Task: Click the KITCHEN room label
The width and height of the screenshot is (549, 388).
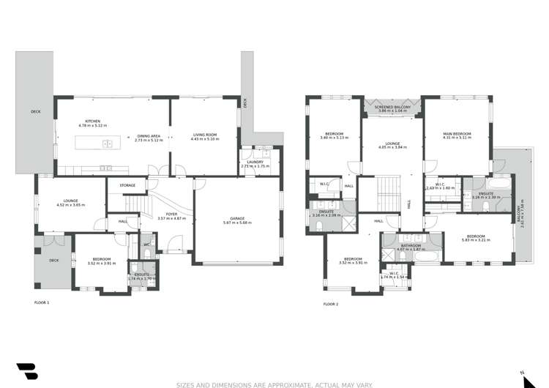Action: tap(92, 122)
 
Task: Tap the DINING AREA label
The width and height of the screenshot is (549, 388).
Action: tap(148, 135)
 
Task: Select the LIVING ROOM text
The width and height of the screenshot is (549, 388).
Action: tap(205, 135)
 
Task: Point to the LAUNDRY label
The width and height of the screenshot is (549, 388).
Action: tap(255, 162)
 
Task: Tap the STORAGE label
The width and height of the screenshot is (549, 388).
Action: tap(127, 186)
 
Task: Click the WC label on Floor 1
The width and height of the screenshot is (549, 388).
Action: tap(146, 245)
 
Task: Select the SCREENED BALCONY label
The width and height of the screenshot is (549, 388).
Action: tap(393, 108)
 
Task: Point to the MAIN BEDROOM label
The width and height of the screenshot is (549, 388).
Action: tap(457, 134)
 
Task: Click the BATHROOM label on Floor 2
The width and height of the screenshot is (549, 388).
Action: tap(410, 245)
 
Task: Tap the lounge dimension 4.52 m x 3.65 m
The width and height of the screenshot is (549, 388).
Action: tap(71, 204)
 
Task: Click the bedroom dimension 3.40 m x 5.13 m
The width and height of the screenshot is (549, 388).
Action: tap(334, 138)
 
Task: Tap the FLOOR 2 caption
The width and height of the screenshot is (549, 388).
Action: tap(332, 304)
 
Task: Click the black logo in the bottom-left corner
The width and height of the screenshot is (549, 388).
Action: tap(27, 370)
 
